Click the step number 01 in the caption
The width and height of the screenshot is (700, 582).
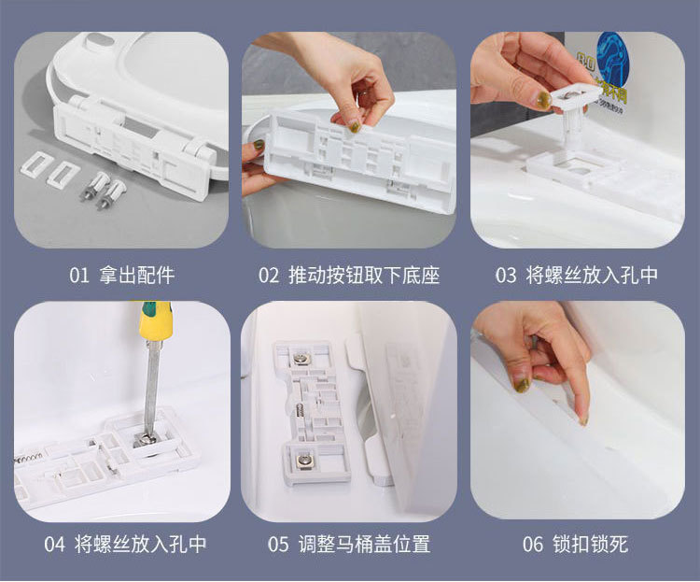(x=79, y=276)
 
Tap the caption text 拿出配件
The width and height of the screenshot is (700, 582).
(x=137, y=275)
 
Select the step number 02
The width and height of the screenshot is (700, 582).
(x=269, y=276)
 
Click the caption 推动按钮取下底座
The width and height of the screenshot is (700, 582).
(x=364, y=275)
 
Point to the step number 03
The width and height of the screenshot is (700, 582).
(x=505, y=276)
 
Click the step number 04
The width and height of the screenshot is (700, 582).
(x=54, y=545)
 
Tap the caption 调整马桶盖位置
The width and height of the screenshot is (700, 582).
(x=364, y=545)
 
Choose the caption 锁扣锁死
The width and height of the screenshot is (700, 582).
(x=590, y=545)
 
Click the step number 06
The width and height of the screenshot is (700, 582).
(x=533, y=545)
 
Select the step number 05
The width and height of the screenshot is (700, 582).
(x=278, y=545)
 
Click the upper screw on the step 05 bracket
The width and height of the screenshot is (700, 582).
(x=299, y=357)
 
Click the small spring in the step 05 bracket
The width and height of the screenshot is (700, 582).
(x=298, y=412)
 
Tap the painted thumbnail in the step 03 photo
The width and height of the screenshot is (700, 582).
(x=541, y=100)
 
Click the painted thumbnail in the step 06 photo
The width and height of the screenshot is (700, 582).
(x=521, y=384)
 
